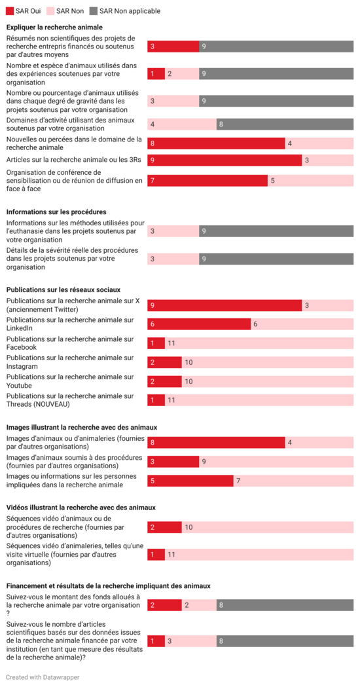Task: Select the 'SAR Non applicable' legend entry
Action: (x=124, y=11)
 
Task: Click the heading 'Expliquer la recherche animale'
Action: (x=54, y=28)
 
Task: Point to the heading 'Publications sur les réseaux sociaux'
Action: (x=63, y=289)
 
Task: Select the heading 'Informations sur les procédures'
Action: (x=56, y=212)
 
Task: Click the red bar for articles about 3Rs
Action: (x=225, y=160)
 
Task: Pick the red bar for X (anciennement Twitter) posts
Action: (x=225, y=305)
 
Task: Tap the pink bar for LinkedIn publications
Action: (x=302, y=324)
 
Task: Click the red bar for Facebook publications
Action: (x=156, y=343)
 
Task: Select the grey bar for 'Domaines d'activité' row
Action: (x=285, y=124)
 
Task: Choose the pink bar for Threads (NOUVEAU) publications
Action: (x=259, y=400)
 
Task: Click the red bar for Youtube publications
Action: (x=164, y=381)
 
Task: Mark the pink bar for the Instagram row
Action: (x=267, y=362)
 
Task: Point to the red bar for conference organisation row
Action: (x=207, y=181)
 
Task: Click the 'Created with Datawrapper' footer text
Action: (x=43, y=677)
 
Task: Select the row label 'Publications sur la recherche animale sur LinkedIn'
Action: (x=70, y=324)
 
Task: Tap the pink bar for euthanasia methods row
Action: (x=173, y=231)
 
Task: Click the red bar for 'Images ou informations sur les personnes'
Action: (x=190, y=481)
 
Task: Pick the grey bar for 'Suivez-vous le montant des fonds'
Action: (x=285, y=605)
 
